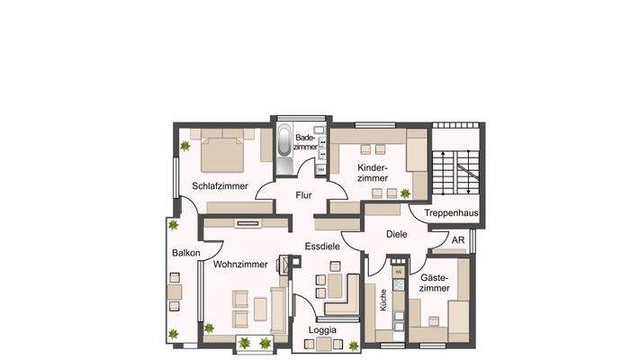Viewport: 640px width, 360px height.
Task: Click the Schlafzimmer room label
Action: coord(220,186)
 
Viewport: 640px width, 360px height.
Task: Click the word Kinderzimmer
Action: coord(372,174)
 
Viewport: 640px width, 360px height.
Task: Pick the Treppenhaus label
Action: coord(451,213)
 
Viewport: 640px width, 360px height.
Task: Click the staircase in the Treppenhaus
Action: coord(456,172)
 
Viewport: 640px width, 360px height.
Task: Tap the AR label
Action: coord(458,240)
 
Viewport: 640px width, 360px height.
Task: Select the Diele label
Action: coord(397,234)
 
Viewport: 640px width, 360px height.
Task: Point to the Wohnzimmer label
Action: coord(240,265)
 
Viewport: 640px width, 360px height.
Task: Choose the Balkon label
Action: coord(185,254)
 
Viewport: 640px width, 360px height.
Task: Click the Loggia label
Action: coord(322,330)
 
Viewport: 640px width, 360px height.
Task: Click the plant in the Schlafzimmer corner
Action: coord(185,145)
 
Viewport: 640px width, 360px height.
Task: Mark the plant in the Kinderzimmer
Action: coord(406,193)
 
